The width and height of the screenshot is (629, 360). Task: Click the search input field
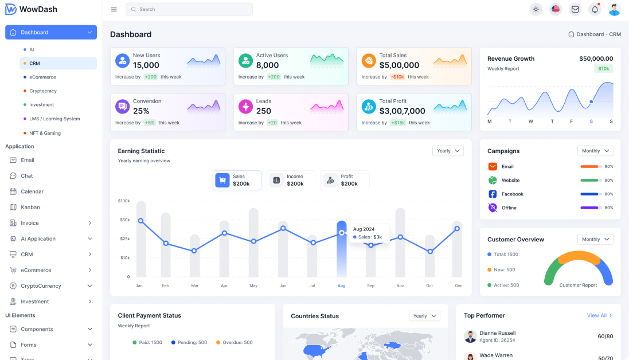[x=189, y=9]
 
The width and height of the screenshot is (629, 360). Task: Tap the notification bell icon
[x=595, y=9]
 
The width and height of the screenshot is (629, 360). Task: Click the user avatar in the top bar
[x=614, y=9]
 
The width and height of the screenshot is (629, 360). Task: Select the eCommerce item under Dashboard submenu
[x=42, y=77]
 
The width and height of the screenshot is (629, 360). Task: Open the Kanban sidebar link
[x=30, y=207]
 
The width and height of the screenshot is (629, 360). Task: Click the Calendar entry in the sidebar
[x=32, y=191]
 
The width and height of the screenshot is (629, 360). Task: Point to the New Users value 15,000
[x=146, y=65]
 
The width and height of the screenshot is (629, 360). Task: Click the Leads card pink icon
[x=246, y=106]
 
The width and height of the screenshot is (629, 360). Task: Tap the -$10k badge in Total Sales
[x=398, y=77]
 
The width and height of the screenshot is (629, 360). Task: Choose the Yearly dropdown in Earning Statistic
[x=448, y=151]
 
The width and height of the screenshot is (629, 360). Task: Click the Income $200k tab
[x=291, y=180]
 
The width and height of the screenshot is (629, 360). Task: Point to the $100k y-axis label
[x=124, y=201]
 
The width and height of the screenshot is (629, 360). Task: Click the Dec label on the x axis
[x=459, y=285]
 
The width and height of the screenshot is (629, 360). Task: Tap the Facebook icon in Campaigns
[x=493, y=194]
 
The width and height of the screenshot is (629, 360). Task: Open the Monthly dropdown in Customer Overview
[x=595, y=239]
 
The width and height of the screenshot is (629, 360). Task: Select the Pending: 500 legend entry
[x=189, y=342]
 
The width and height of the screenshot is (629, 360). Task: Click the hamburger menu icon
[x=114, y=9]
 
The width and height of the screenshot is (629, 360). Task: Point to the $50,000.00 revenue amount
[x=596, y=58]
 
